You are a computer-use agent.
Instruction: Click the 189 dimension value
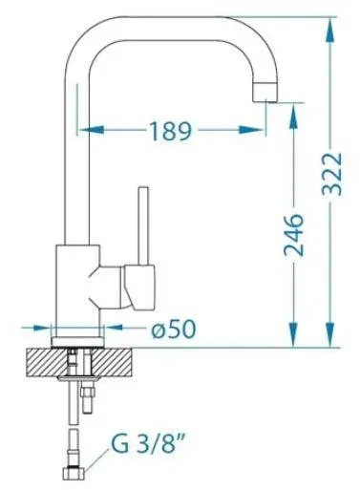[x=170, y=131]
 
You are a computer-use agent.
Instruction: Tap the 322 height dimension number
[x=332, y=174]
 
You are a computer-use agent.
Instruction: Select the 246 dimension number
[x=293, y=235]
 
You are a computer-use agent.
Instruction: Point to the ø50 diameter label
[x=174, y=329]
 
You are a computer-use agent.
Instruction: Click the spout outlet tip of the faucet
[x=265, y=92]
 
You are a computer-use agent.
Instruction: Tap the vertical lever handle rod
[x=143, y=225]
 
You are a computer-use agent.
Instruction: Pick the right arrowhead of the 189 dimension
[x=251, y=130]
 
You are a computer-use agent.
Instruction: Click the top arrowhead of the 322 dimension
[x=330, y=31]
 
